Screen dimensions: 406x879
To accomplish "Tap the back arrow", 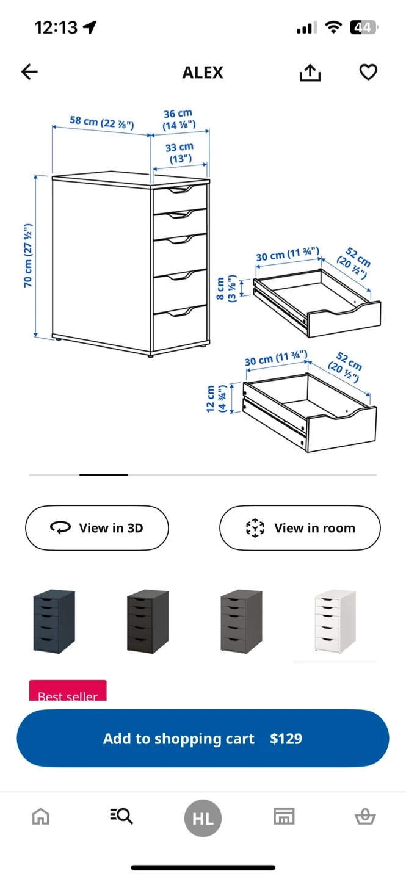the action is (29, 72).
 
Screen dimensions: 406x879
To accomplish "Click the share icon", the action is (310, 73).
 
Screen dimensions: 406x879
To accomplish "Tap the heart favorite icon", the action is (368, 72).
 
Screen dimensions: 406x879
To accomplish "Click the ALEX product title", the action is (203, 73).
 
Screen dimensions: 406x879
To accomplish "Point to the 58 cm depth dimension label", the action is (102, 123).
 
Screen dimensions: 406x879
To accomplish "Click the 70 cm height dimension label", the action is (28, 255).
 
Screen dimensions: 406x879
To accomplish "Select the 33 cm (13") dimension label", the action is (180, 153).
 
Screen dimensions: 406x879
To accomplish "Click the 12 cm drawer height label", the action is (216, 399).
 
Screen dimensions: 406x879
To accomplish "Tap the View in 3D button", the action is (97, 528).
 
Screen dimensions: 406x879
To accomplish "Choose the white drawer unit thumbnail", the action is (335, 621).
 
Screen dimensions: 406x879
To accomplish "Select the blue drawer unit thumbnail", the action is (54, 621).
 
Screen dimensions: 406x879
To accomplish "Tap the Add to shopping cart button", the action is (203, 738).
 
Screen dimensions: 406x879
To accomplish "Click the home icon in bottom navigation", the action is (41, 817).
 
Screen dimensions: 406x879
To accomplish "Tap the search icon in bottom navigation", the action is (121, 816).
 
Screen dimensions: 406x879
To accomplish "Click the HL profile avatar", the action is (203, 818).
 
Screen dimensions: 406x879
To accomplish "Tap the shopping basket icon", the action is (365, 817).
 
